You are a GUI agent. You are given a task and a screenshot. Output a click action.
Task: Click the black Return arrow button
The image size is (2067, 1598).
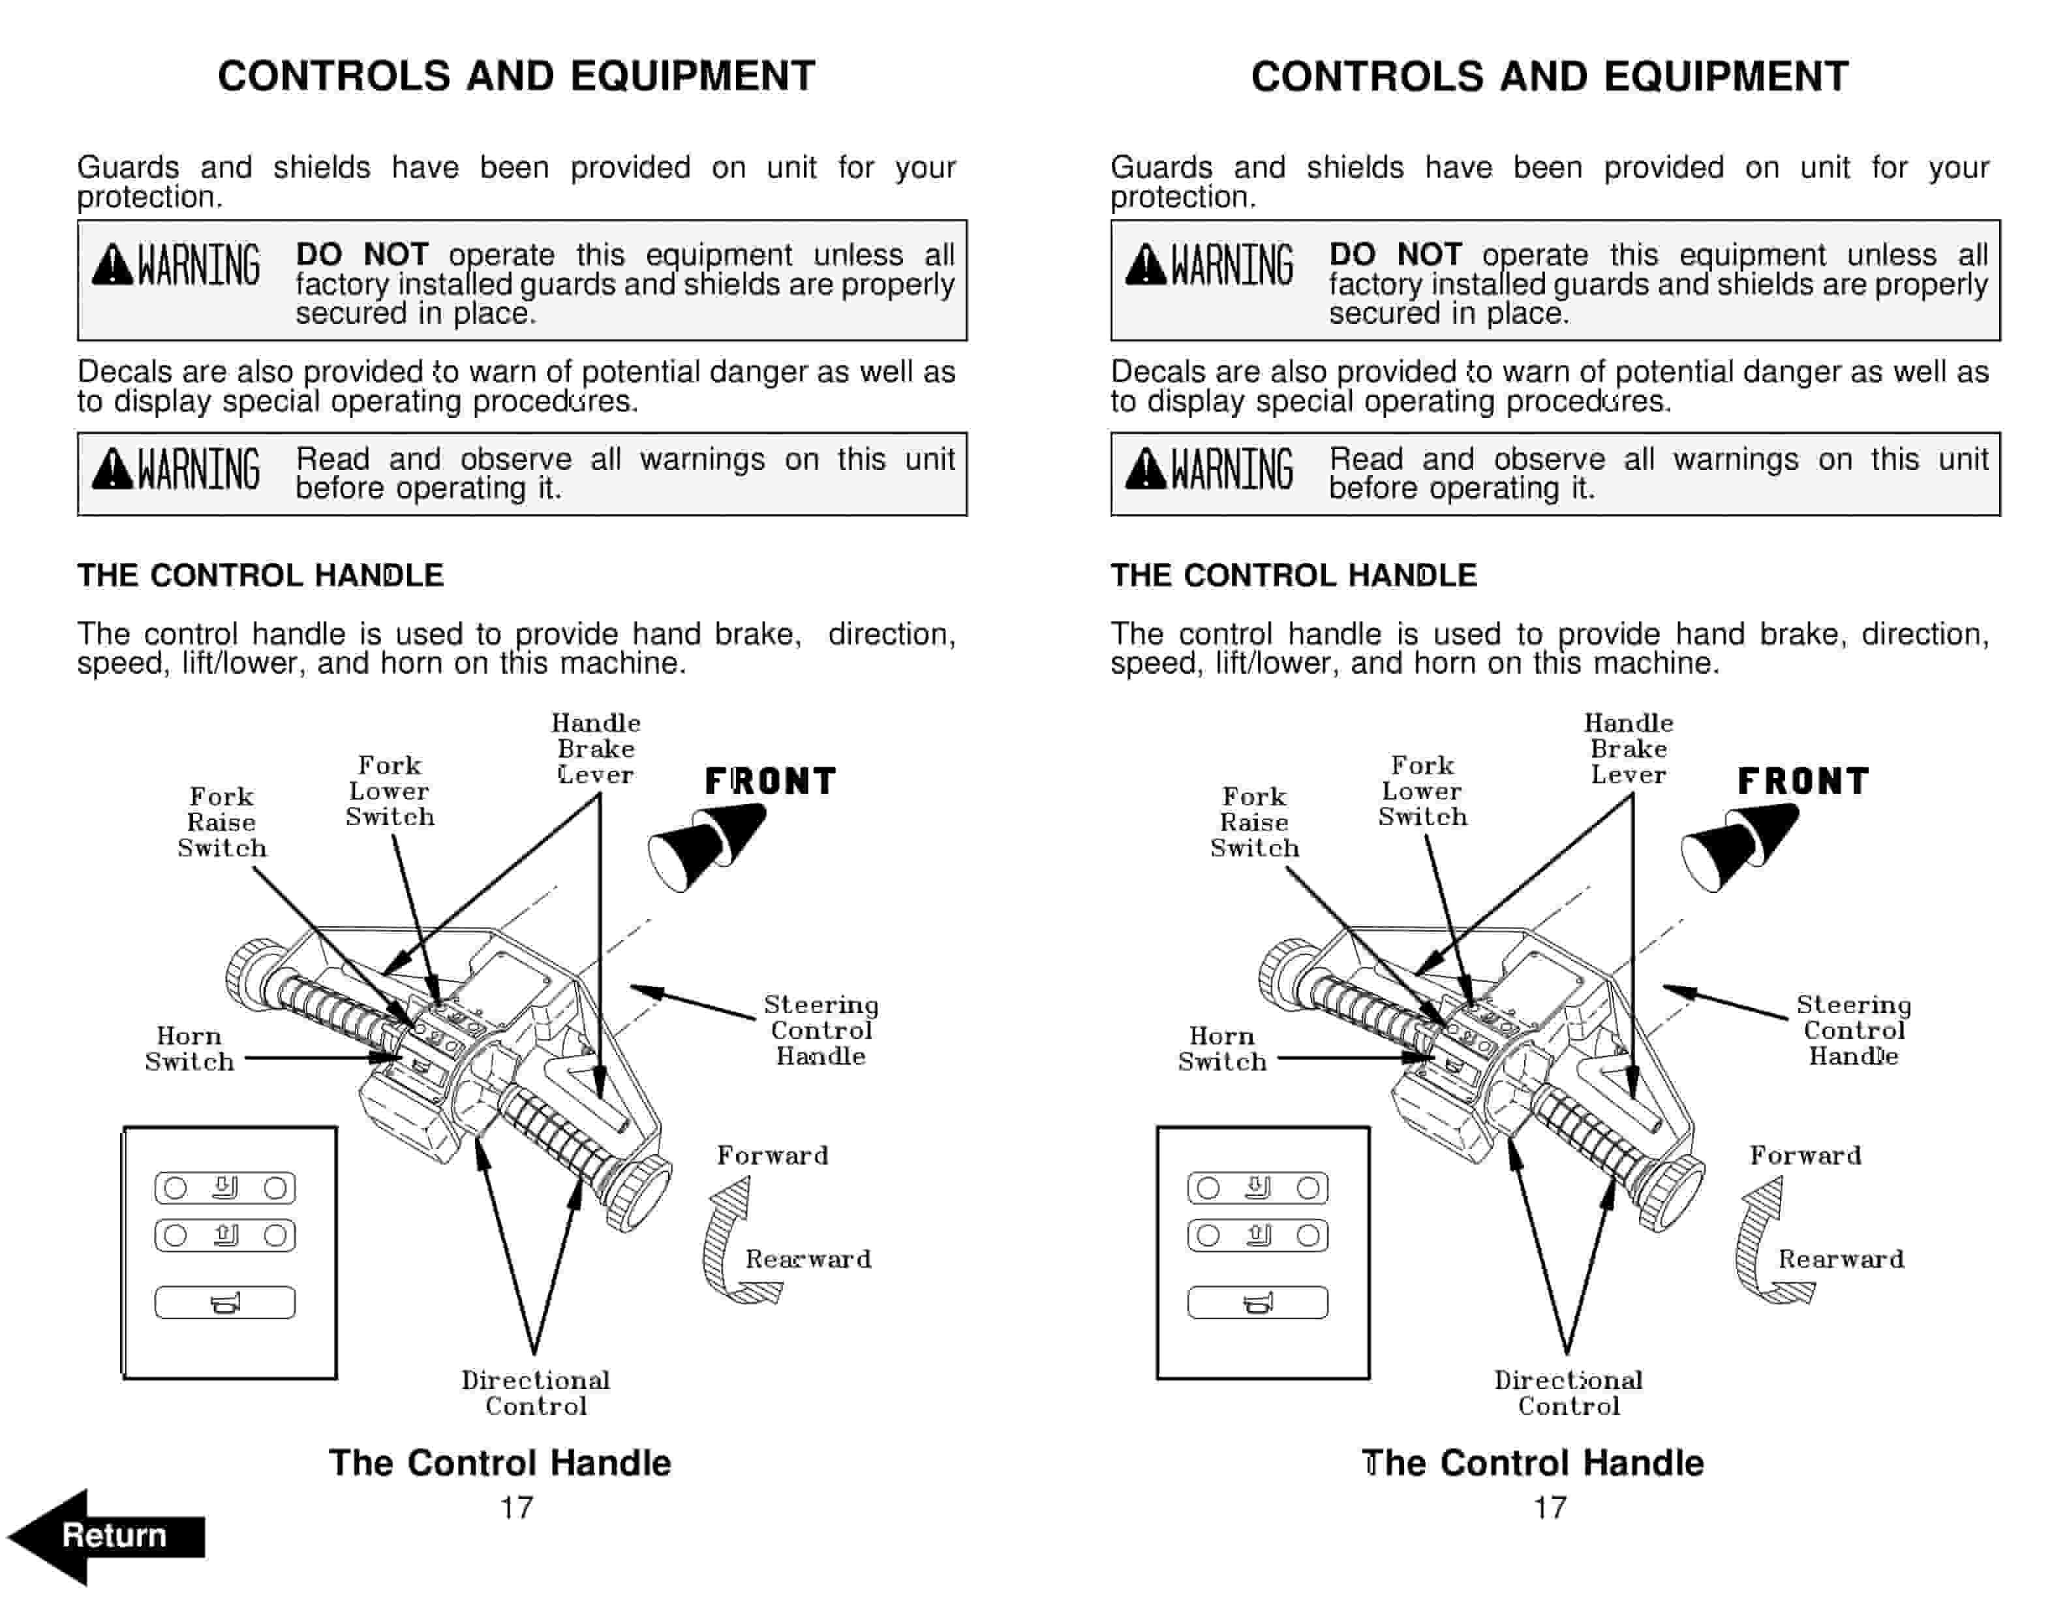(106, 1535)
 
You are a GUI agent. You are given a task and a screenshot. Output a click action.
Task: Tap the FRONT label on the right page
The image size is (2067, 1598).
(1803, 782)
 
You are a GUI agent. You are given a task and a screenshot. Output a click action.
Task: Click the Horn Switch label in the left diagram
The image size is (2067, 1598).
(189, 1049)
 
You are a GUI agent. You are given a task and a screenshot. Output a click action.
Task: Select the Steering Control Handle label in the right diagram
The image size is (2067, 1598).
(1853, 1030)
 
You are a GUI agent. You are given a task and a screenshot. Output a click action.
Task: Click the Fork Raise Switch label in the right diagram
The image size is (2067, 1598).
(1254, 822)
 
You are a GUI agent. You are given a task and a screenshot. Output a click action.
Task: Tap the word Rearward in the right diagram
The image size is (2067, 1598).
(1841, 1259)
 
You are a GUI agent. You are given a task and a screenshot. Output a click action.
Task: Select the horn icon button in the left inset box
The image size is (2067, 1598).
(224, 1303)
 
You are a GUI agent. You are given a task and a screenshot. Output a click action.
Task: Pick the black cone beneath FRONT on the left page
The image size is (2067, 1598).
(705, 845)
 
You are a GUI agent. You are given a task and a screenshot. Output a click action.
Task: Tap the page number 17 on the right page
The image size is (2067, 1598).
(1550, 1507)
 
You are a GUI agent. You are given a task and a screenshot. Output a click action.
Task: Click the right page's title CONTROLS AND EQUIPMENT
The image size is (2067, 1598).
(1550, 76)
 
